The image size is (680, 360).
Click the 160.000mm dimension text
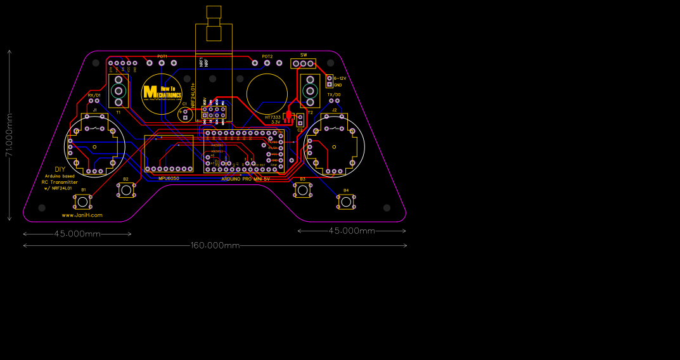coord(215,245)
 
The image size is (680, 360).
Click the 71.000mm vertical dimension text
coord(9,135)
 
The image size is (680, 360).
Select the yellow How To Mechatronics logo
coord(162,93)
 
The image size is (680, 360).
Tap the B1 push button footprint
coord(82,202)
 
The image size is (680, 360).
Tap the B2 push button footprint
coord(126,190)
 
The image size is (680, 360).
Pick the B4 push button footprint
coord(345,202)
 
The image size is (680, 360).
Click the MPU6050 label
coord(169,178)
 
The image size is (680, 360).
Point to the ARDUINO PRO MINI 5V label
coord(245,179)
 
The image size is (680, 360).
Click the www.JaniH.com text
coord(82,215)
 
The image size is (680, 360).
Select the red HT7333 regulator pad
coord(288,116)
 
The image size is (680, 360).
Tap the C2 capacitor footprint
coord(300,120)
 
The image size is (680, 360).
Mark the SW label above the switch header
coord(304,55)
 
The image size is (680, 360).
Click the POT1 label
coord(162,56)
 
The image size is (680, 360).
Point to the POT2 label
coord(267,56)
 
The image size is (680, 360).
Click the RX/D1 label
coord(94,95)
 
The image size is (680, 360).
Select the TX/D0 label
coord(333,94)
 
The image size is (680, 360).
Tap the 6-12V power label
coord(339,78)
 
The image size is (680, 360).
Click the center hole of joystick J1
coord(94,147)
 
